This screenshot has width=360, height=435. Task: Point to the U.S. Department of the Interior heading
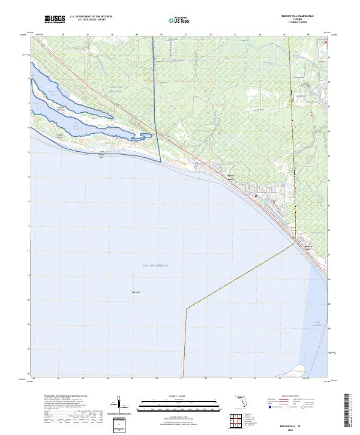pos(90,17)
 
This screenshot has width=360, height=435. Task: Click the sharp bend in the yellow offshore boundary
pos(186,308)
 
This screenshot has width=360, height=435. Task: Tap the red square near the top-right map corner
pos(326,43)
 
